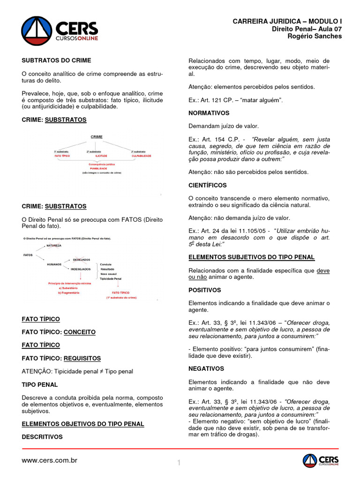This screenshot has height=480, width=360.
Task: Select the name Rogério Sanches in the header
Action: pos(315,36)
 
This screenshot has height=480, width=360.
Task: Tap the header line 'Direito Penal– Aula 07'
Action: pos(307,29)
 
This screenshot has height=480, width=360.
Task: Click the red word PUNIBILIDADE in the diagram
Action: pos(98,168)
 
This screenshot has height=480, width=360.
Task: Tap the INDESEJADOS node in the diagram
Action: pos(80,270)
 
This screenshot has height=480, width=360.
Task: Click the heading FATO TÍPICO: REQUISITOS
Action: pos(61,358)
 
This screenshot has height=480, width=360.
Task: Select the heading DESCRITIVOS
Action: pos(42,437)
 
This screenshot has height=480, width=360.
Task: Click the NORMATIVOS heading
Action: pos(209,113)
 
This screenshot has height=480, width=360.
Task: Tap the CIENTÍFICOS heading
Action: pos(207,185)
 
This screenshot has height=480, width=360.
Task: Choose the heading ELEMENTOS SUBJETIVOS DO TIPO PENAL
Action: pos(251,257)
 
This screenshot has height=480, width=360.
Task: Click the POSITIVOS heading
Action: pos(204,290)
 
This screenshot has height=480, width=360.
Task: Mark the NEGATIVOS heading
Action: pos(206,368)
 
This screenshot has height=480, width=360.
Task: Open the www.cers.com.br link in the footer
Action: pos(49,460)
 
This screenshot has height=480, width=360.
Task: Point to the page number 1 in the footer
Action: pos(179,463)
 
